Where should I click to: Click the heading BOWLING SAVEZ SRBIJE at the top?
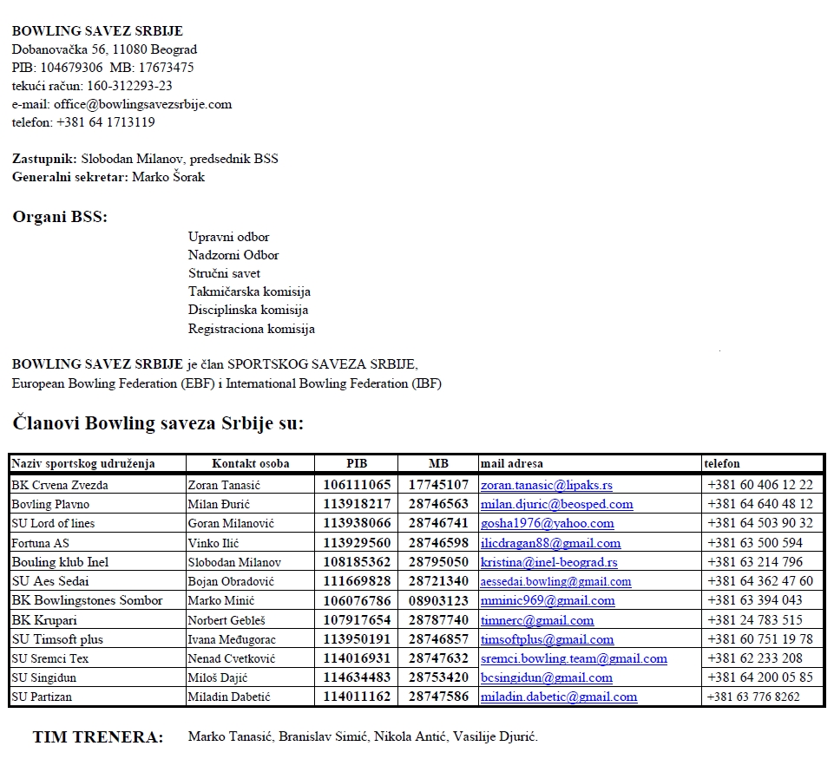pyautogui.click(x=97, y=31)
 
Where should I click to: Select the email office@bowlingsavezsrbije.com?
pyautogui.click(x=142, y=104)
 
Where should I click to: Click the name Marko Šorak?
pyautogui.click(x=168, y=177)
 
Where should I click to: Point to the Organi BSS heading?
pyautogui.click(x=60, y=217)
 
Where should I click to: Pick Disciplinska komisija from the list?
pyautogui.click(x=248, y=310)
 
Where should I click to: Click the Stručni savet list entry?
pyautogui.click(x=224, y=273)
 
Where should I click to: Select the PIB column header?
pyautogui.click(x=357, y=463)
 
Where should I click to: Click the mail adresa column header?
pyautogui.click(x=512, y=463)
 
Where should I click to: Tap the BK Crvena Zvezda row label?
pyautogui.click(x=60, y=485)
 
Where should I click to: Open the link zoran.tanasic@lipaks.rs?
pyautogui.click(x=547, y=485)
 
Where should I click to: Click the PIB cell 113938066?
pyautogui.click(x=357, y=523)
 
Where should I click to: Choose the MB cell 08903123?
pyautogui.click(x=438, y=600)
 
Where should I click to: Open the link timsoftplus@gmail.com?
pyautogui.click(x=547, y=639)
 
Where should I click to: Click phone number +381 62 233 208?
pyautogui.click(x=754, y=658)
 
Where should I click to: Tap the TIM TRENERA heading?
pyautogui.click(x=98, y=737)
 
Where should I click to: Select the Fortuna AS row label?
pyautogui.click(x=40, y=543)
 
